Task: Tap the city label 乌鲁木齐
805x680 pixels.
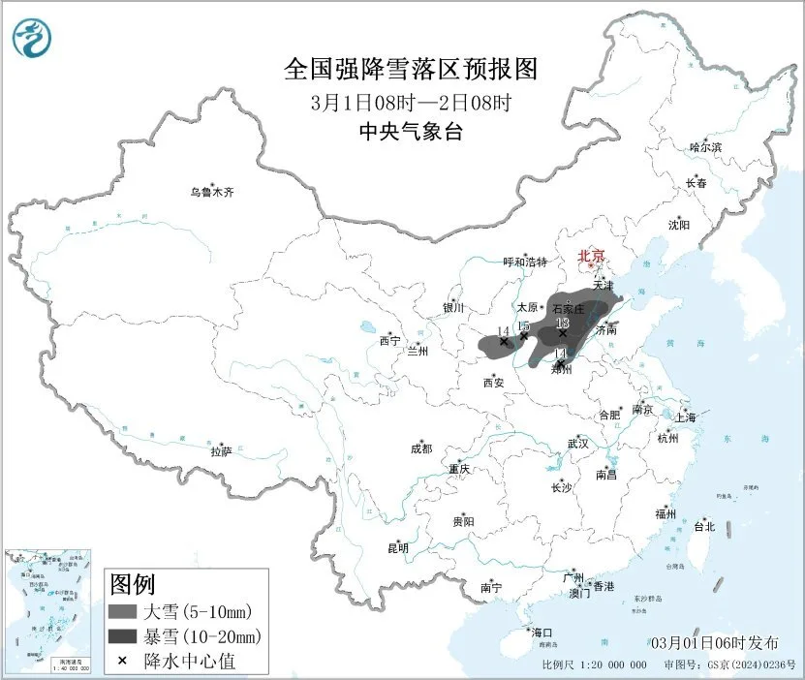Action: pyautogui.click(x=211, y=192)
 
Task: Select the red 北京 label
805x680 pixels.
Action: pyautogui.click(x=590, y=257)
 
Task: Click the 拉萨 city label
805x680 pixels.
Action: pyautogui.click(x=221, y=451)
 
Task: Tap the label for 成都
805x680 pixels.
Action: pyautogui.click(x=420, y=448)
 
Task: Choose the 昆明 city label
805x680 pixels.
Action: pyautogui.click(x=398, y=548)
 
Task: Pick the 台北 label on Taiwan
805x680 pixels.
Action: pyautogui.click(x=703, y=527)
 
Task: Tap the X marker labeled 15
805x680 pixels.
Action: pyautogui.click(x=524, y=336)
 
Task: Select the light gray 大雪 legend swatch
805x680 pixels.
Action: pyautogui.click(x=122, y=612)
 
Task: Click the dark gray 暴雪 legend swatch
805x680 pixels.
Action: pyautogui.click(x=122, y=636)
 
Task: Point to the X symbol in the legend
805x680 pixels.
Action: pyautogui.click(x=122, y=661)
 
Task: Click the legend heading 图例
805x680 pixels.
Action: pyautogui.click(x=132, y=585)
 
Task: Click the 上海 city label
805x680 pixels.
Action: pyautogui.click(x=685, y=417)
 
